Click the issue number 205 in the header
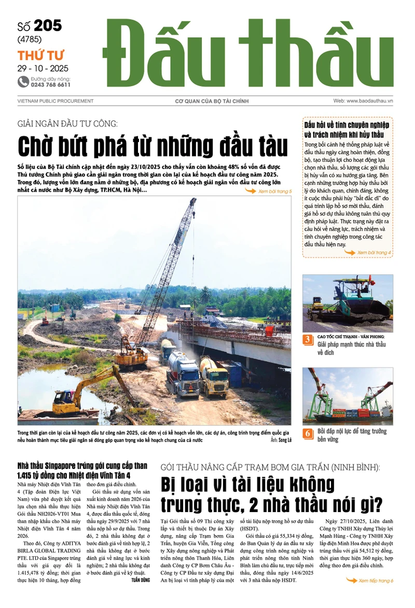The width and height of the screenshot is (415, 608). [47, 26]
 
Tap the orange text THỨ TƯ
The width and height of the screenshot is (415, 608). [37, 56]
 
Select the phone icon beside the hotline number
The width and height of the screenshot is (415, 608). [23, 81]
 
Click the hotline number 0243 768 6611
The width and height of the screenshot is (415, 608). [50, 85]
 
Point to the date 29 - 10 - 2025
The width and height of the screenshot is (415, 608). [43, 68]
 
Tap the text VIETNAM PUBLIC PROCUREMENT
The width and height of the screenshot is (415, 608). [56, 101]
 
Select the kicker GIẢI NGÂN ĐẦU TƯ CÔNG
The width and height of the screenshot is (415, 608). [68, 123]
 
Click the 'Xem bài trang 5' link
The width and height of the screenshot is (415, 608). [274, 191]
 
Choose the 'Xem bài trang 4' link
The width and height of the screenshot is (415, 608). [373, 253]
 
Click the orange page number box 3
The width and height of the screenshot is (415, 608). [308, 340]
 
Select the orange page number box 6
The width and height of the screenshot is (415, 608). [308, 433]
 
